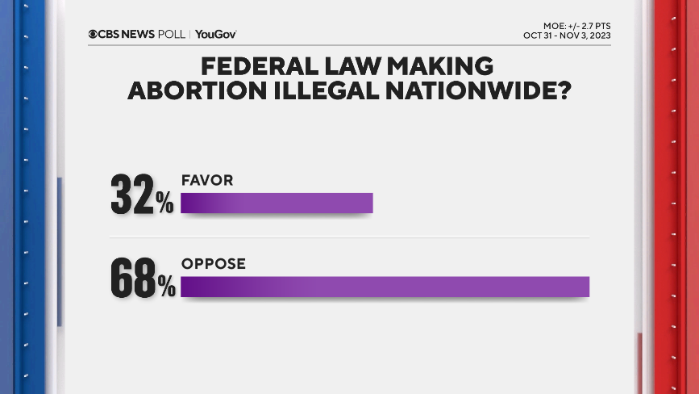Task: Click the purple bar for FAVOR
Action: [277, 203]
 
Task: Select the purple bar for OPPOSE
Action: [385, 287]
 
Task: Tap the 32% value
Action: [141, 195]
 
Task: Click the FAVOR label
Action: [207, 181]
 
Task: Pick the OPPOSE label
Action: [213, 264]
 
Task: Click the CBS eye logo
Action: [94, 34]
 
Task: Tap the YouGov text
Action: [215, 34]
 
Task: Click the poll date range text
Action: [566, 36]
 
